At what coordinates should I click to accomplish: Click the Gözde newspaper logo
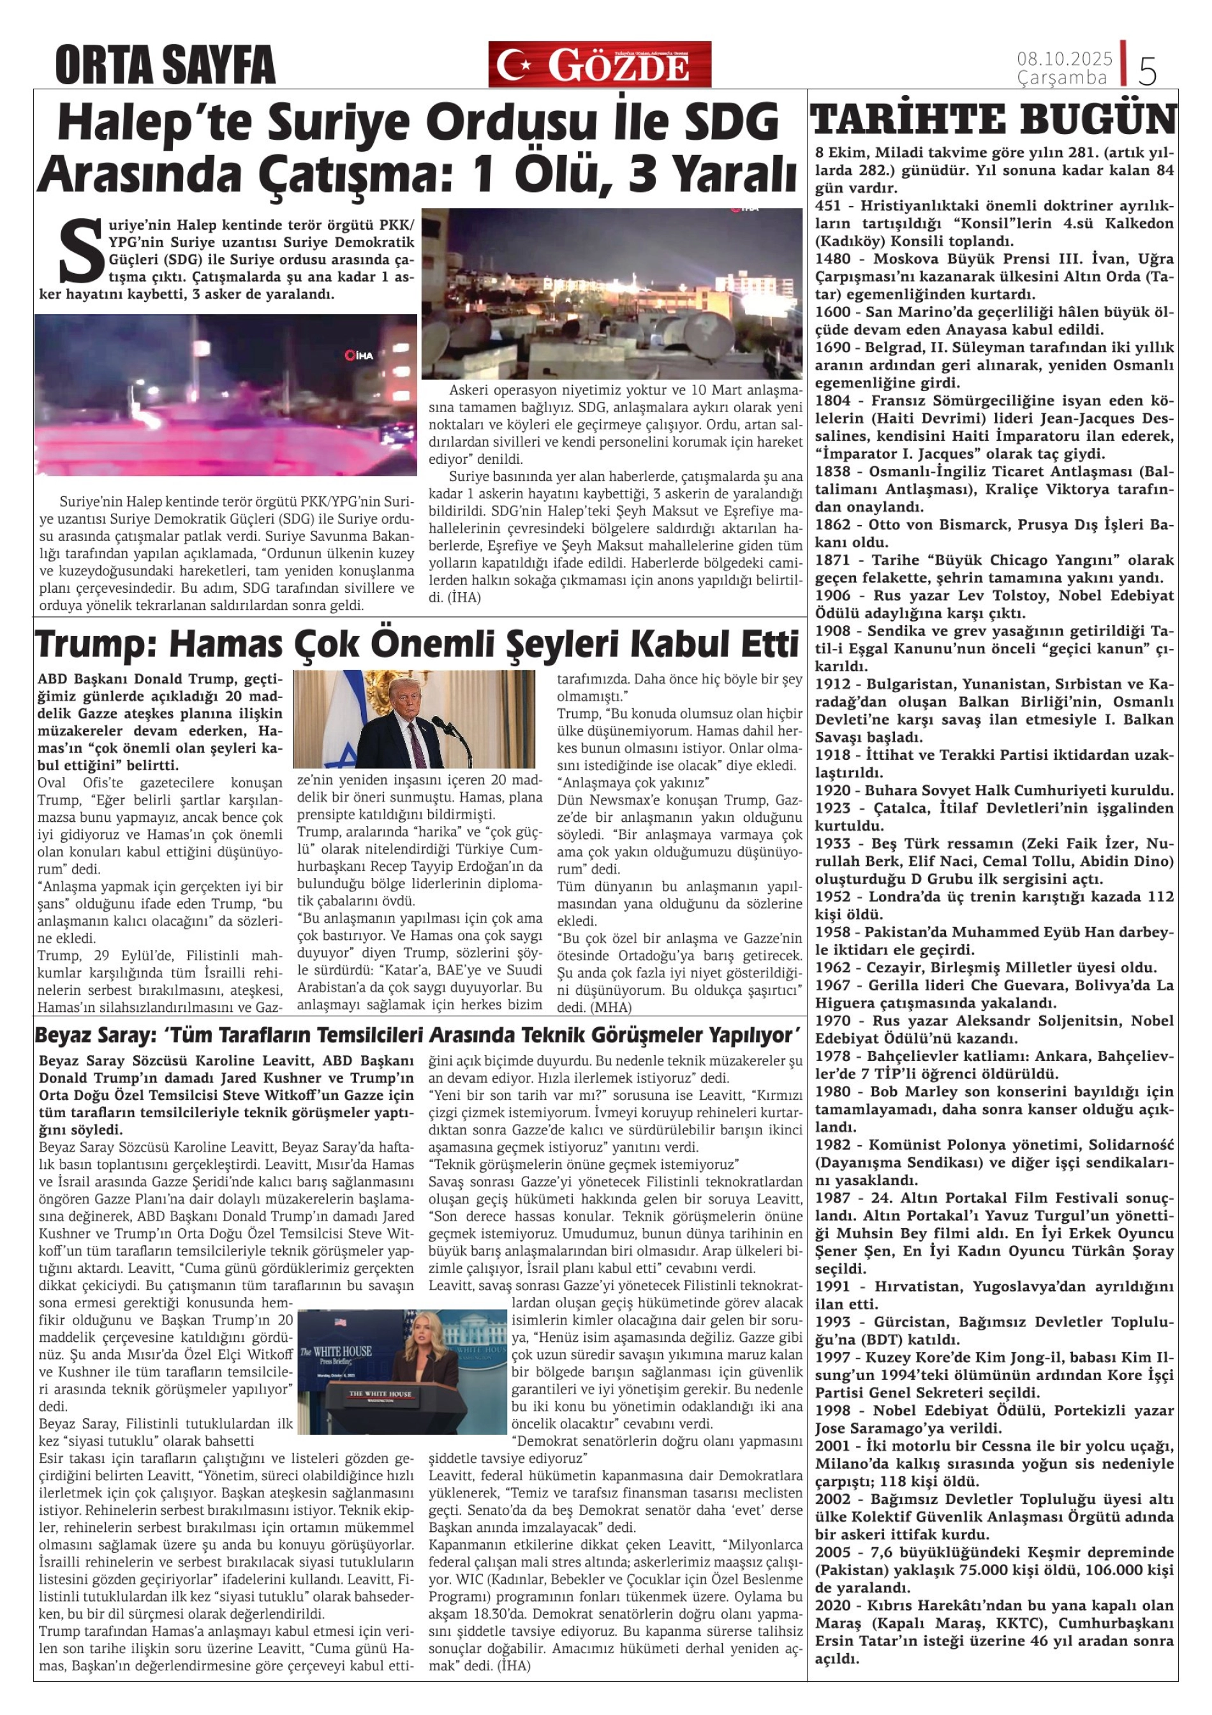[600, 64]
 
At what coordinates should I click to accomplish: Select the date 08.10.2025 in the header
[1064, 58]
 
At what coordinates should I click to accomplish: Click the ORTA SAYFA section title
[165, 65]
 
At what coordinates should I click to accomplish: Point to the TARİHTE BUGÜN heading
[993, 120]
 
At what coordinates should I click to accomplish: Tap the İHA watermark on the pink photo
[359, 355]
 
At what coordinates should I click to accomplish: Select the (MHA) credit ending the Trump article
[612, 1007]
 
